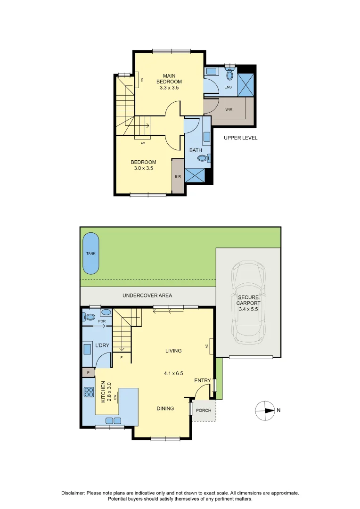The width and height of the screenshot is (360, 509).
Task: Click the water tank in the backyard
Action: [x=91, y=254]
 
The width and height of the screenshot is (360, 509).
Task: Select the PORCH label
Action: [x=204, y=410]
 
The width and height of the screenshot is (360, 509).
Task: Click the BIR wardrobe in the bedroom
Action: [x=178, y=176]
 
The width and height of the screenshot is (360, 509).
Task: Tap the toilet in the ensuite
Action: [x=230, y=74]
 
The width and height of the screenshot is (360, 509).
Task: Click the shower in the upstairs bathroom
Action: [x=195, y=175]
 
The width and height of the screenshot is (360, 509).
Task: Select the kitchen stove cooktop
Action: [x=89, y=392]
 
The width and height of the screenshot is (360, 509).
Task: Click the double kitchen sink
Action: [x=113, y=420]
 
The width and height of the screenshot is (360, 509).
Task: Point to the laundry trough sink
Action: [x=87, y=349]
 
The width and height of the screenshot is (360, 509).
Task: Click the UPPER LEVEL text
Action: [x=240, y=138]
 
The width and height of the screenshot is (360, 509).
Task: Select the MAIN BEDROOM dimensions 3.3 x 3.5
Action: [x=169, y=88]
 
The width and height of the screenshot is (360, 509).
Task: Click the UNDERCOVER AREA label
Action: [x=147, y=296]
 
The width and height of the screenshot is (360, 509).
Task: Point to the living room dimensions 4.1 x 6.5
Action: [x=173, y=373]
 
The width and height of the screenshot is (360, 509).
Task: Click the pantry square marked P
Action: [x=88, y=373]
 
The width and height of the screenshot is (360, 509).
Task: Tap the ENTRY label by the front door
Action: [x=203, y=380]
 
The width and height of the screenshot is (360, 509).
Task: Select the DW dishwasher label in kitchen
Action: [x=115, y=398]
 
